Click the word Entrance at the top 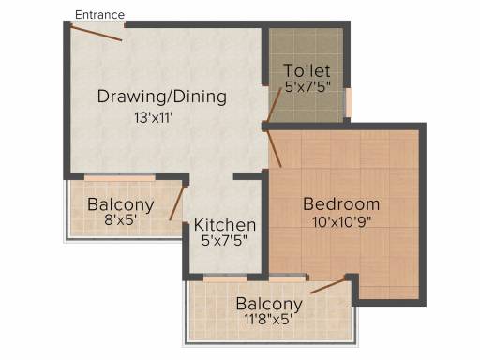(x=98, y=15)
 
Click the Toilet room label (x=307, y=71)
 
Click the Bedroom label (x=341, y=204)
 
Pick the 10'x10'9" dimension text (x=341, y=223)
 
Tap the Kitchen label (x=225, y=226)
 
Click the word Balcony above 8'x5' (x=120, y=204)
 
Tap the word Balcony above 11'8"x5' (x=269, y=304)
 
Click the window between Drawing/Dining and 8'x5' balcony (x=120, y=177)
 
